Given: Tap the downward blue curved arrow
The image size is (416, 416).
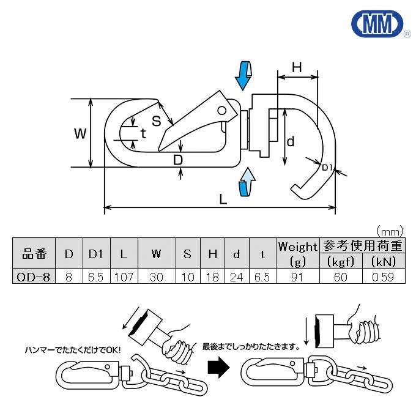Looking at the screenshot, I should pyautogui.click(x=243, y=76).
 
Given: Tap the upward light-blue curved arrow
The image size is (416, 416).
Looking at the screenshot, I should pyautogui.click(x=247, y=182).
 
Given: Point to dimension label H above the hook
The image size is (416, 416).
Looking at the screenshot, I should pyautogui.click(x=297, y=67).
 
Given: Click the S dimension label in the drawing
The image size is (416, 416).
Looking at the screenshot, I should pyautogui.click(x=157, y=121).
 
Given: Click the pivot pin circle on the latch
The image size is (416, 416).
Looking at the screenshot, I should pyautogui.click(x=221, y=111).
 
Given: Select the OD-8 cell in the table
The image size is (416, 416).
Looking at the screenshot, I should pyautogui.click(x=34, y=277).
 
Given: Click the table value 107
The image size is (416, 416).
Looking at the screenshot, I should pyautogui.click(x=124, y=277).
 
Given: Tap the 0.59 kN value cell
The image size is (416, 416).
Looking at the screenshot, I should pyautogui.click(x=383, y=277).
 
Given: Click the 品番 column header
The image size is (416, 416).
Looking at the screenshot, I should pyautogui.click(x=34, y=254).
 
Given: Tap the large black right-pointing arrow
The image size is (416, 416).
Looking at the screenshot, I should pyautogui.click(x=220, y=368).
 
